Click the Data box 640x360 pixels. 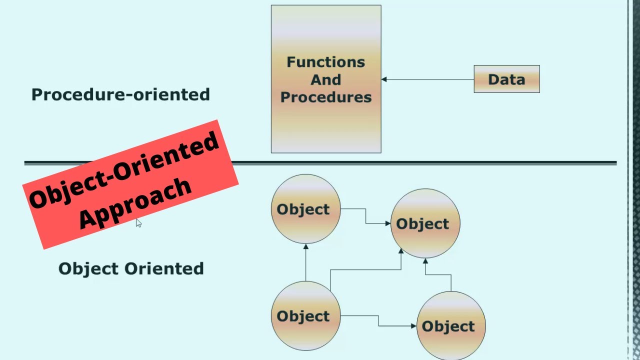pyautogui.click(x=506, y=79)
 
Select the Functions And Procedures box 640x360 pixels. pyautogui.click(x=326, y=125)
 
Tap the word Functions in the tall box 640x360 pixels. pyautogui.click(x=326, y=62)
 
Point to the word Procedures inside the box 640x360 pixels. pyautogui.click(x=326, y=97)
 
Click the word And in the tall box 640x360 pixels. pyautogui.click(x=326, y=79)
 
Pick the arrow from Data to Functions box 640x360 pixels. pyautogui.click(x=427, y=79)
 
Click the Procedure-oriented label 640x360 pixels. pyautogui.click(x=120, y=94)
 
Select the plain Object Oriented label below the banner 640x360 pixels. pyautogui.click(x=131, y=268)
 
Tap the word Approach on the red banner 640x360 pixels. pyautogui.click(x=135, y=202)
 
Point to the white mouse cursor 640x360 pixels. pyautogui.click(x=138, y=222)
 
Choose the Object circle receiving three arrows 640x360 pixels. pyautogui.click(x=425, y=223)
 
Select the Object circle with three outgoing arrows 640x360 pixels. pyautogui.click(x=305, y=316)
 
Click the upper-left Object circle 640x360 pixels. pyautogui.click(x=305, y=209)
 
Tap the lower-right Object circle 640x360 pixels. pyautogui.click(x=450, y=326)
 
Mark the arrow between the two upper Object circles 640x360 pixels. pyautogui.click(x=365, y=216)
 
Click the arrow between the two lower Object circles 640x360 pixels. pyautogui.click(x=378, y=320)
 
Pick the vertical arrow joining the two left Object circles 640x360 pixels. pyautogui.click(x=305, y=262)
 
